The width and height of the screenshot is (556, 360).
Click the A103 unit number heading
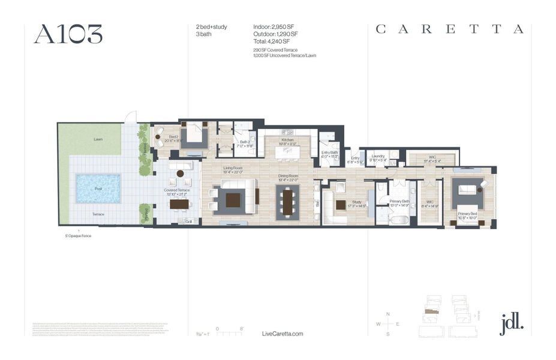pos(68,34)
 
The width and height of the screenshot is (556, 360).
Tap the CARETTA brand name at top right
pos(450,29)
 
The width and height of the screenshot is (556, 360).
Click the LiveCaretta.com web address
pos(282,334)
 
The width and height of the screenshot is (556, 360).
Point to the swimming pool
pos(98,188)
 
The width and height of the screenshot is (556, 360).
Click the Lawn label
pos(98,139)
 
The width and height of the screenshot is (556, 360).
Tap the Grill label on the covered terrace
pos(188,221)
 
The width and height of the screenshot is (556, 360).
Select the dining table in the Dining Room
pos(287,200)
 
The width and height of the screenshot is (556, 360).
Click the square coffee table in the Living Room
pos(233,199)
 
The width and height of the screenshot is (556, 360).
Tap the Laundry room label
pos(377,155)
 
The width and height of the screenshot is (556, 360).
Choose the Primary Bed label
pos(467,214)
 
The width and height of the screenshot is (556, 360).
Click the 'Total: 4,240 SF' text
pos(272,41)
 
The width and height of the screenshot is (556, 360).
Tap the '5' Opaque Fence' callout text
pos(79,236)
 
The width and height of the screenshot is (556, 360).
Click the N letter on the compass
pos(388,314)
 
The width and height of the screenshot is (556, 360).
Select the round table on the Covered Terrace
pos(180,174)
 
